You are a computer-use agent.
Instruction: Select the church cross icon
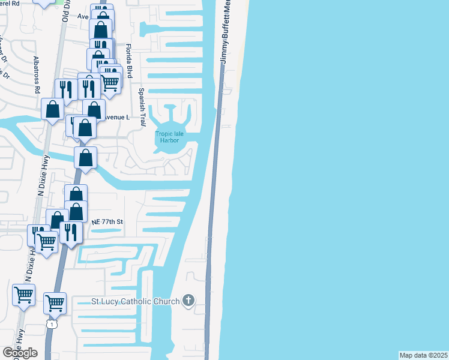188,300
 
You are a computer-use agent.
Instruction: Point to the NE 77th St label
107,222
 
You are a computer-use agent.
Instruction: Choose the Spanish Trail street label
142,107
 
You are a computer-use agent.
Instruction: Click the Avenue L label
117,117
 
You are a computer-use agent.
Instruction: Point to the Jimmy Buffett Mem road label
226,33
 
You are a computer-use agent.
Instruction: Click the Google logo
20,353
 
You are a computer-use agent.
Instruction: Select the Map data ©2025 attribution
424,355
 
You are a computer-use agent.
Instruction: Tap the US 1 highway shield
53,325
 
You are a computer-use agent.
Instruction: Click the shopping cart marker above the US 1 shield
55,302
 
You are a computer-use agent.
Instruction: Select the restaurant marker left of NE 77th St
71,232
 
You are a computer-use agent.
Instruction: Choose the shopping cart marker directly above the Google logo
24,295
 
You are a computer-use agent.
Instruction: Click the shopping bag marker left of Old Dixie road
52,109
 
